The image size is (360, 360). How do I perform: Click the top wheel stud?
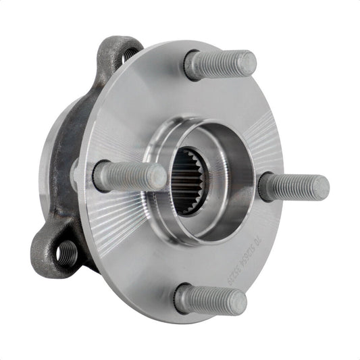click(220, 65)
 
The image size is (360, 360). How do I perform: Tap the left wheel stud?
click(129, 176)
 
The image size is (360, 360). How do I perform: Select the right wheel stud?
click(294, 186)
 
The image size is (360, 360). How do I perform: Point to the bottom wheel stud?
click(209, 299)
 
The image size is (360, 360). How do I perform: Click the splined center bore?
click(189, 180)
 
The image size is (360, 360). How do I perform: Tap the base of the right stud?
click(267, 186)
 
